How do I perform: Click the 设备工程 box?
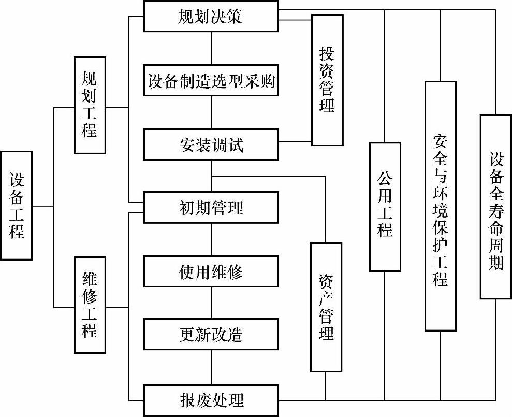(17, 205)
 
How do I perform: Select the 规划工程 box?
(90, 105)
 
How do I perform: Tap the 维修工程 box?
(90, 305)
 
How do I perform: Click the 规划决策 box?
(211, 17)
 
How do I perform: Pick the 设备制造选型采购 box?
(211, 82)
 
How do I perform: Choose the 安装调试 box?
(211, 145)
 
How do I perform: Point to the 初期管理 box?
(211, 208)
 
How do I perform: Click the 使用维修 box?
(211, 271)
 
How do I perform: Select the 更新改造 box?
(211, 335)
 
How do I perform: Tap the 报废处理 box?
(211, 400)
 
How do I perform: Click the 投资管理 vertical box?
(327, 80)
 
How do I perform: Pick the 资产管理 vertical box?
(326, 307)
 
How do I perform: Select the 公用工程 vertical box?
(385, 207)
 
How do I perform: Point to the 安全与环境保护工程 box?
(441, 206)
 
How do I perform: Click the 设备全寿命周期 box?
(496, 207)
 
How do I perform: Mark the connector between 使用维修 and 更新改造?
(212, 303)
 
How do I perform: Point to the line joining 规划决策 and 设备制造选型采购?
(212, 49)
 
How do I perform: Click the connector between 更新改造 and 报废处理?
(212, 367)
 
